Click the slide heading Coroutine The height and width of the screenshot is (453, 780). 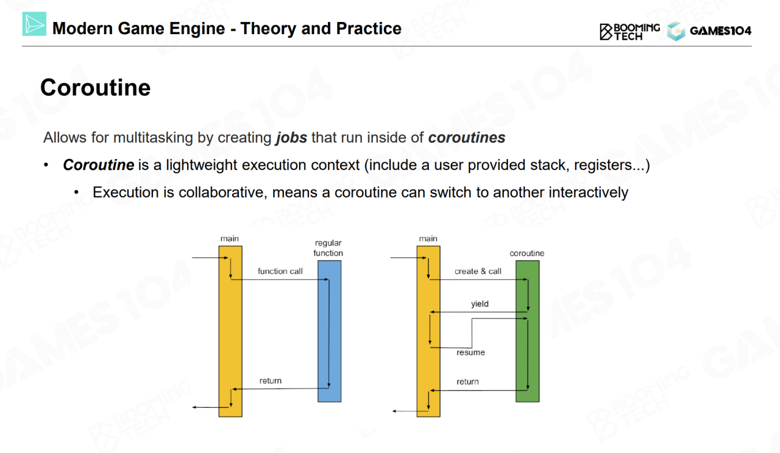tap(95, 88)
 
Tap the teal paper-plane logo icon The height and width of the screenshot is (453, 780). tap(34, 24)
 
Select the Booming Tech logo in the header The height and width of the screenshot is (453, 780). tap(629, 31)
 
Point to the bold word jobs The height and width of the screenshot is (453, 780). tap(291, 138)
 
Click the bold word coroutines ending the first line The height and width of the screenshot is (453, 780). tap(466, 138)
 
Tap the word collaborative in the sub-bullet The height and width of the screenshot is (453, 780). tap(222, 193)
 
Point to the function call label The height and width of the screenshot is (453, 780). tap(280, 271)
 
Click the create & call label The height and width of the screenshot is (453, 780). tap(478, 271)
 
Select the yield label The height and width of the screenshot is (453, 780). tap(480, 304)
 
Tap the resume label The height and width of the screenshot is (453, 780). tap(470, 352)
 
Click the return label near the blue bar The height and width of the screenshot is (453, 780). tap(270, 381)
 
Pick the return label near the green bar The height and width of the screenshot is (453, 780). tap(467, 382)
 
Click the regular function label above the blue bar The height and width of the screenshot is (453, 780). tap(328, 248)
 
